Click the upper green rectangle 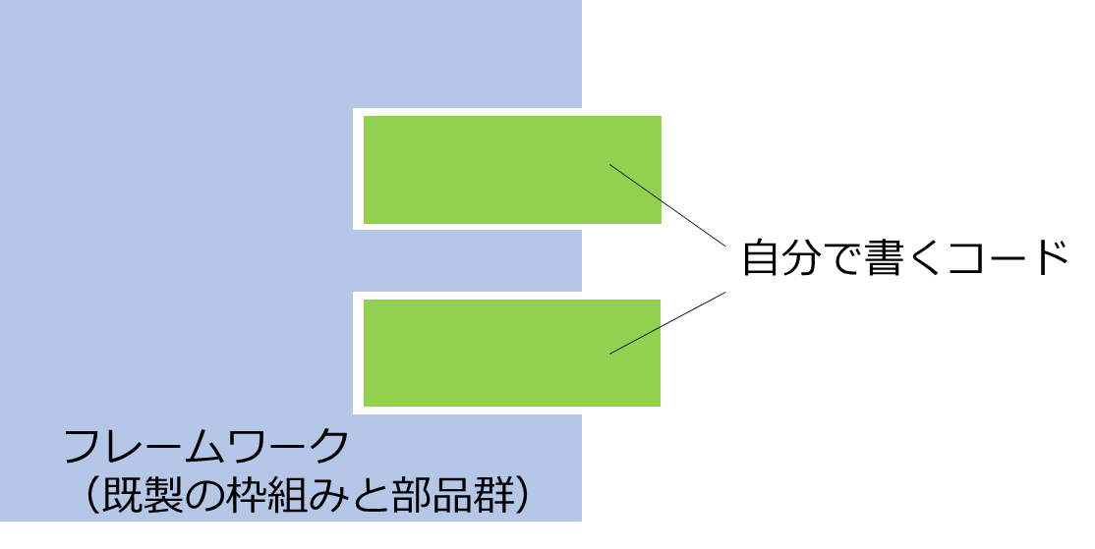click(x=512, y=170)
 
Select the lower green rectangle click(x=512, y=353)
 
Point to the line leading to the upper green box click(x=667, y=205)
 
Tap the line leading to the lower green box click(x=667, y=323)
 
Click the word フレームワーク click(x=206, y=447)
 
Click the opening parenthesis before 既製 click(x=91, y=496)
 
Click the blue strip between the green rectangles click(x=467, y=260)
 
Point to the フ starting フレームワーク click(x=82, y=447)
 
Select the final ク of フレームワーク click(x=329, y=447)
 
